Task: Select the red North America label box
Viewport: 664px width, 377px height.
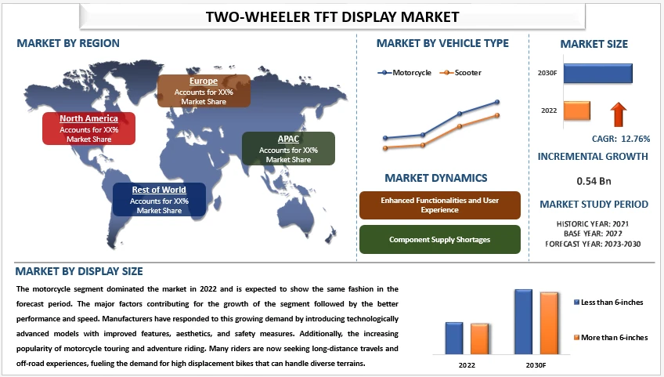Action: point(89,129)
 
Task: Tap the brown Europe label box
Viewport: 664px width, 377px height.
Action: point(204,91)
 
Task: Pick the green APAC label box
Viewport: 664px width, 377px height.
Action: point(288,149)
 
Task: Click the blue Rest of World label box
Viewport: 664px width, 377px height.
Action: point(159,199)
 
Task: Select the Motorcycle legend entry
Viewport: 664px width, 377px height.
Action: point(406,73)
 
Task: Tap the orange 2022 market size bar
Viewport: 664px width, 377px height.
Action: point(577,111)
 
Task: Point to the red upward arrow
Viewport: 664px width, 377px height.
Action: point(619,114)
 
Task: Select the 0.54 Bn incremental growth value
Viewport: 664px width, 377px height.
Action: point(593,181)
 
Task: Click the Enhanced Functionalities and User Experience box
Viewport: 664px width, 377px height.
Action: point(439,205)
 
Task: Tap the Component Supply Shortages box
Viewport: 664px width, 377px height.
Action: point(439,239)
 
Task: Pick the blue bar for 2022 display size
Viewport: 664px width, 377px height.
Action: point(454,338)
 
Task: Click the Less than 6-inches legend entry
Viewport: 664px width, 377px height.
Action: point(612,302)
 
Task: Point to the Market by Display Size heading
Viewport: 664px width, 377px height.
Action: point(80,272)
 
